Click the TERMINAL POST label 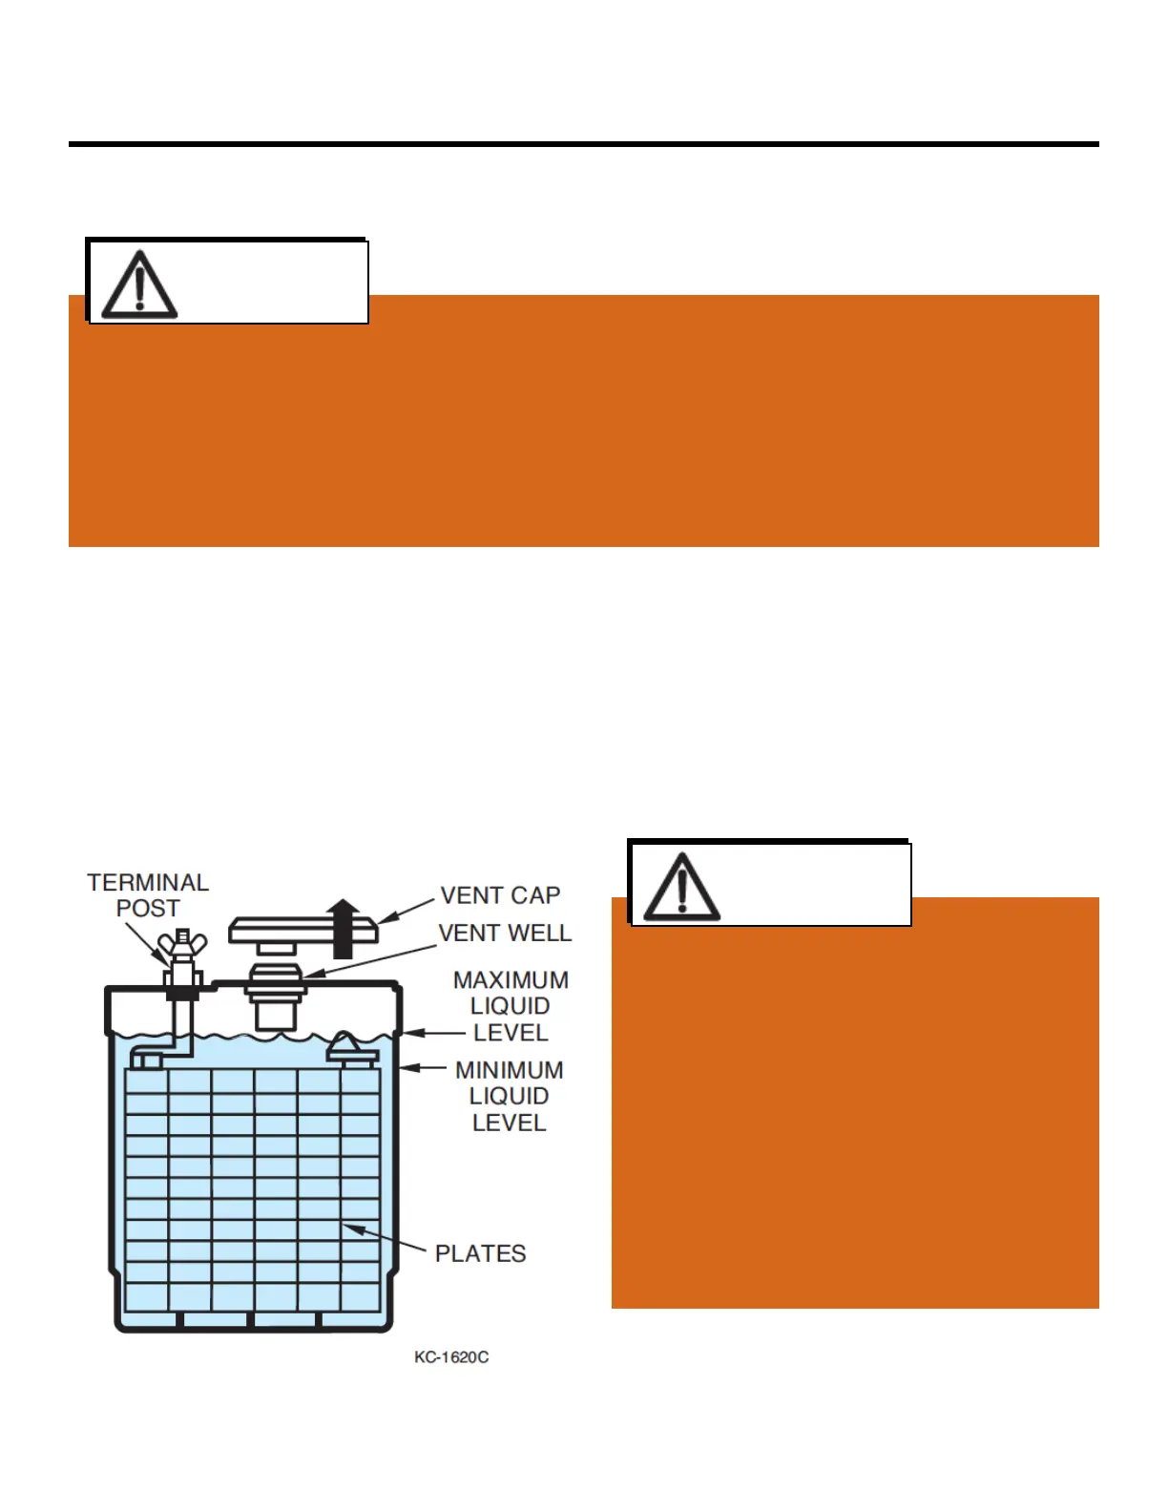click(148, 895)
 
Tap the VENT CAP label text click(500, 895)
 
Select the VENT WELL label click(505, 933)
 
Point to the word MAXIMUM click(511, 980)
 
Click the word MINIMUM click(509, 1070)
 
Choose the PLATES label click(480, 1253)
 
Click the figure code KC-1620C click(451, 1357)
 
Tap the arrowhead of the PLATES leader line click(352, 1228)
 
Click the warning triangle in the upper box click(139, 285)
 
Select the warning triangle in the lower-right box click(681, 888)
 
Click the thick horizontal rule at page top click(583, 144)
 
